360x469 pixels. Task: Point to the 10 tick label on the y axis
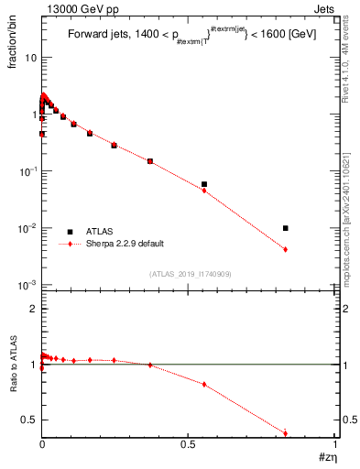pos(30,58)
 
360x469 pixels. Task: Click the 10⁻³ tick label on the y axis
pos(27,285)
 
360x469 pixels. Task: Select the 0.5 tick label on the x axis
pos(189,443)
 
